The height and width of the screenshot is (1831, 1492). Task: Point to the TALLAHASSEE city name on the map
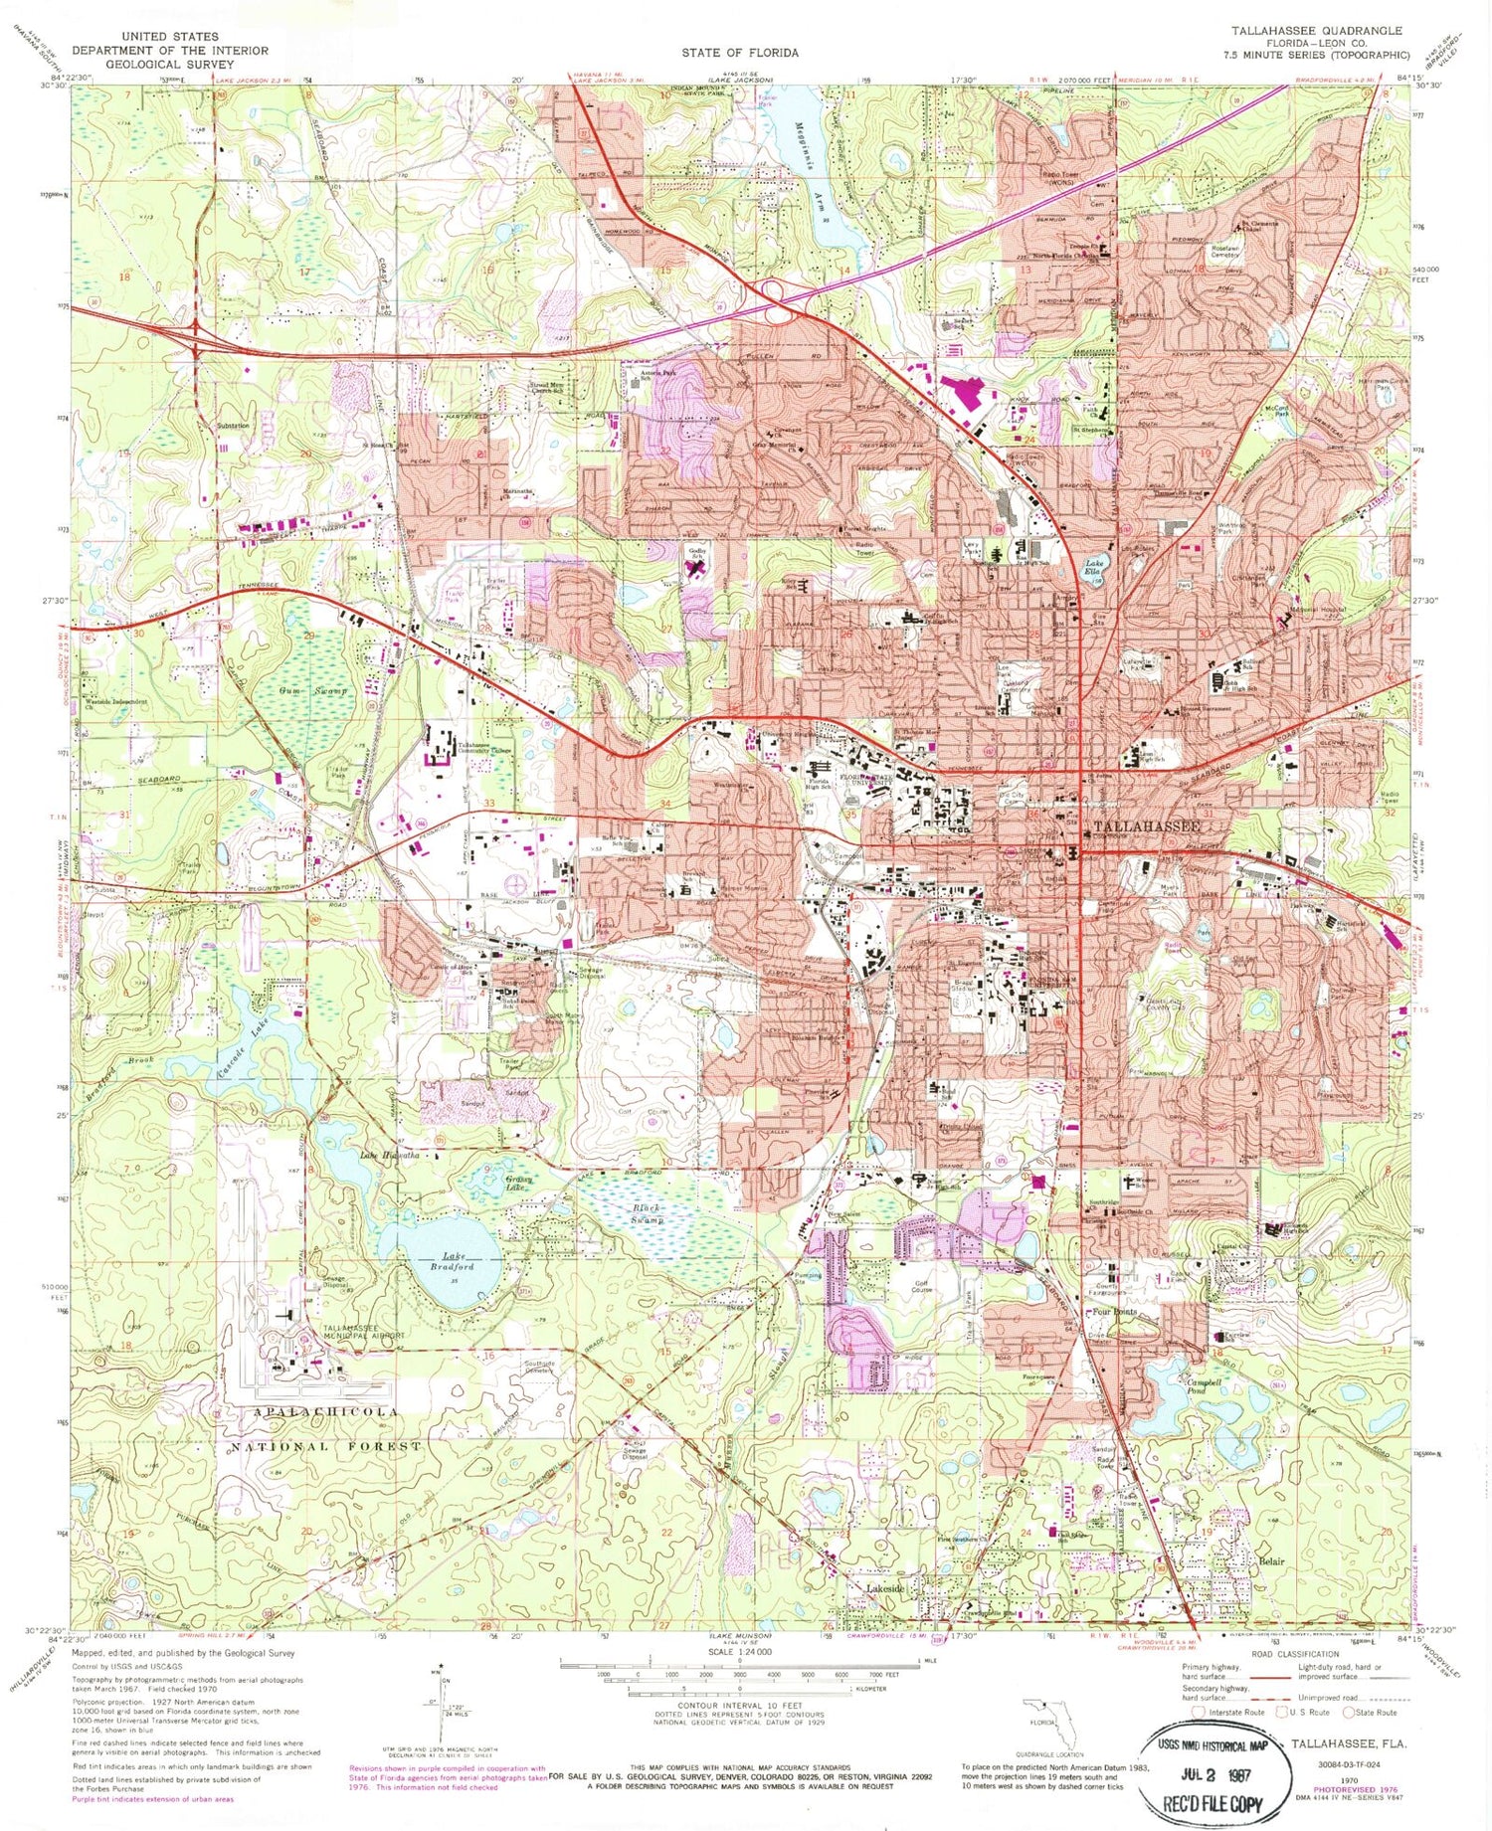point(1147,826)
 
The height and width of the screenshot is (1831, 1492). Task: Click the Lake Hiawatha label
point(393,1156)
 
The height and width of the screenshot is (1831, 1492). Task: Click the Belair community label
point(1270,1560)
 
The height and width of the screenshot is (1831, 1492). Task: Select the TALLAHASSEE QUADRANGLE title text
point(1317,31)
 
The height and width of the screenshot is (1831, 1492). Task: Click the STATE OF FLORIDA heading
point(739,53)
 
